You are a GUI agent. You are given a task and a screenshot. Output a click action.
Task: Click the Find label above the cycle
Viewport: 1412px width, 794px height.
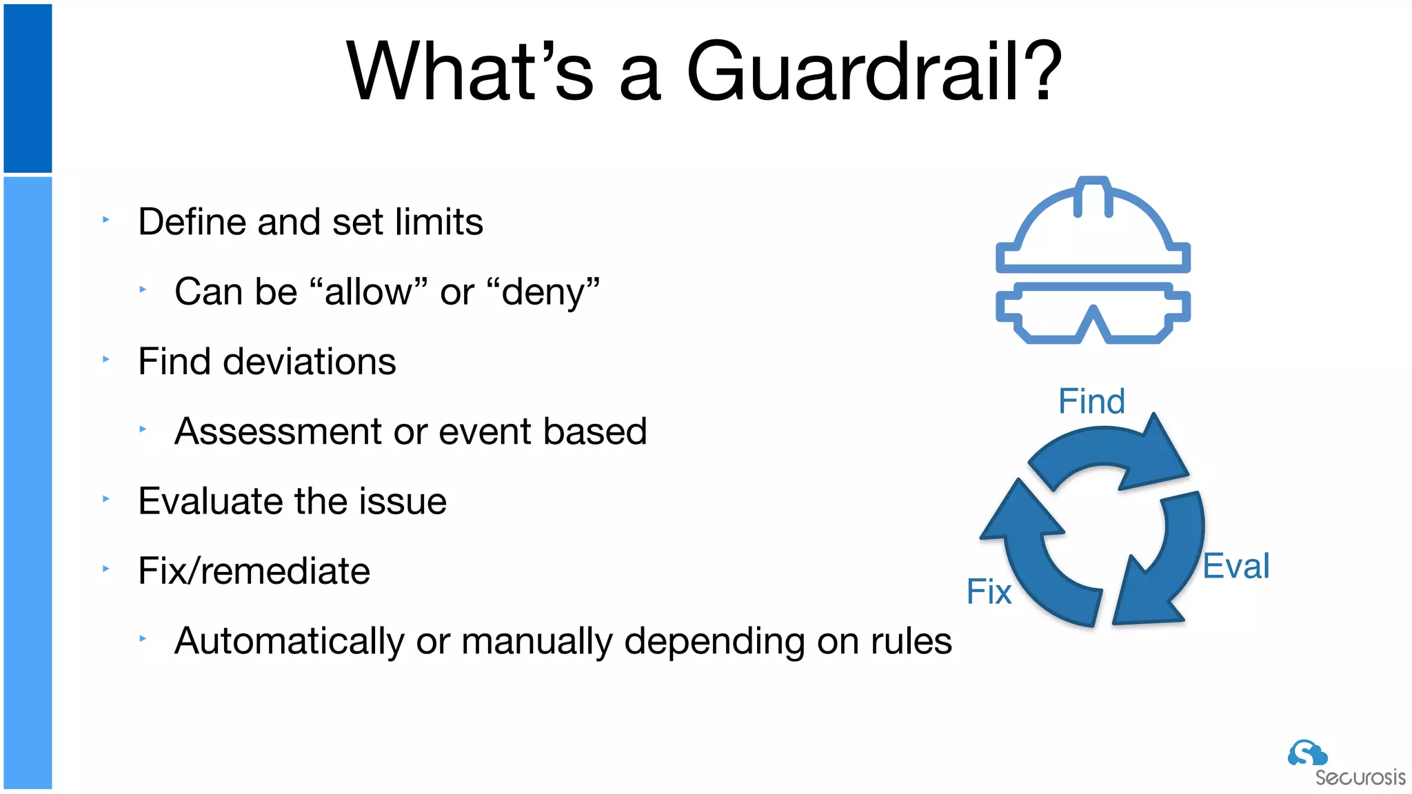coord(1091,401)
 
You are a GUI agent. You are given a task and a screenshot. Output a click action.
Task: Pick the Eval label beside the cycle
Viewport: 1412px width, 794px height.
coord(1235,567)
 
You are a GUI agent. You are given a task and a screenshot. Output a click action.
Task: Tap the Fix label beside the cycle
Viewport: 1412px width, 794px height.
coord(989,592)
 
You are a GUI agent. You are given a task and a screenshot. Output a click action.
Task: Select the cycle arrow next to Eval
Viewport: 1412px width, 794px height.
coord(1165,565)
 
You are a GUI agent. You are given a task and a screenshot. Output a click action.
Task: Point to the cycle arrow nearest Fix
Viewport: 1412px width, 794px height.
coord(1034,558)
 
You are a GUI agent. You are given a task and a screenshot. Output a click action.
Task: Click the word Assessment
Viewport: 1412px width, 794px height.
coord(277,431)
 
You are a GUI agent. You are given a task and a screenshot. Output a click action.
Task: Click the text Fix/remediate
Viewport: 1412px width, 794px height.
coord(254,571)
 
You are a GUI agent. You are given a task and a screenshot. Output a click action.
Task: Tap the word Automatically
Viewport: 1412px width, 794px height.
coord(289,641)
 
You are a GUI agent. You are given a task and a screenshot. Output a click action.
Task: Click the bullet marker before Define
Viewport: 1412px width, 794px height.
coord(106,220)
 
